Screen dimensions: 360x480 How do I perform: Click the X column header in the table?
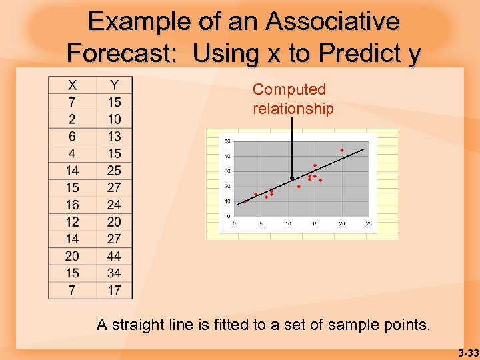click(x=72, y=85)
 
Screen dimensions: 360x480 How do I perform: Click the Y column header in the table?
click(x=114, y=85)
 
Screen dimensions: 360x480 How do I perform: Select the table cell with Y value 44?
click(x=114, y=256)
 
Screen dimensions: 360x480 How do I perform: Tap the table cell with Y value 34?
click(x=114, y=273)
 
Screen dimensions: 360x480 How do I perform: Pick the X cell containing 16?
click(x=72, y=205)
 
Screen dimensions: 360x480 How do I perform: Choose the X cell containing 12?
click(x=72, y=222)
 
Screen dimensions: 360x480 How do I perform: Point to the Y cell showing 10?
click(x=114, y=119)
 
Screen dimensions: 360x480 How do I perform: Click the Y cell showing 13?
click(x=114, y=136)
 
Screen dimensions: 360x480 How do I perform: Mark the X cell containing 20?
click(x=72, y=256)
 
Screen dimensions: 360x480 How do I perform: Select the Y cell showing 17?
click(x=114, y=290)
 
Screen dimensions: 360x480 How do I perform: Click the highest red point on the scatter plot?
click(x=342, y=151)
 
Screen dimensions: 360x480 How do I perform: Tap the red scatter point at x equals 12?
click(x=299, y=187)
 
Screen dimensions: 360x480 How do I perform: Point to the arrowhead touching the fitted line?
click(x=292, y=179)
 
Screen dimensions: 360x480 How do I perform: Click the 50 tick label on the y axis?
click(x=227, y=141)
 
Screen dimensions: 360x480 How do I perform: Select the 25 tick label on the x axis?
click(x=369, y=223)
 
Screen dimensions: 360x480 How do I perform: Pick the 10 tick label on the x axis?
click(x=287, y=223)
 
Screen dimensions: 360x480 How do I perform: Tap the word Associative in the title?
click(x=333, y=21)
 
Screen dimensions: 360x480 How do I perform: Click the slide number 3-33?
click(x=468, y=352)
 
